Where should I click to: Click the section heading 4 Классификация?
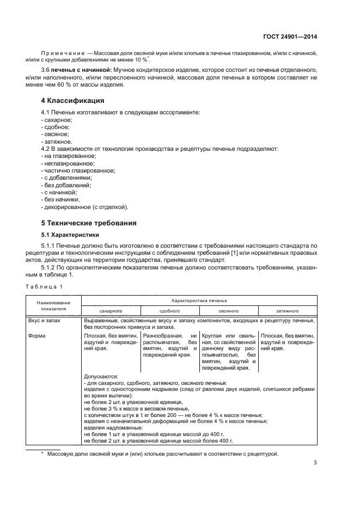point(74,101)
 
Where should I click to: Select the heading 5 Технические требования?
point(89,223)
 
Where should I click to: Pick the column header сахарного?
point(111,310)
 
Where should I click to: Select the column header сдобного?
point(169,310)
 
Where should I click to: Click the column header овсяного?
point(228,310)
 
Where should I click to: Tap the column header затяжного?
point(288,310)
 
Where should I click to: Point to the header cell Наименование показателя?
point(53,305)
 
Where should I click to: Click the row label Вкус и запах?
point(47,321)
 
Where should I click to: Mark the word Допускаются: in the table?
point(101,376)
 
